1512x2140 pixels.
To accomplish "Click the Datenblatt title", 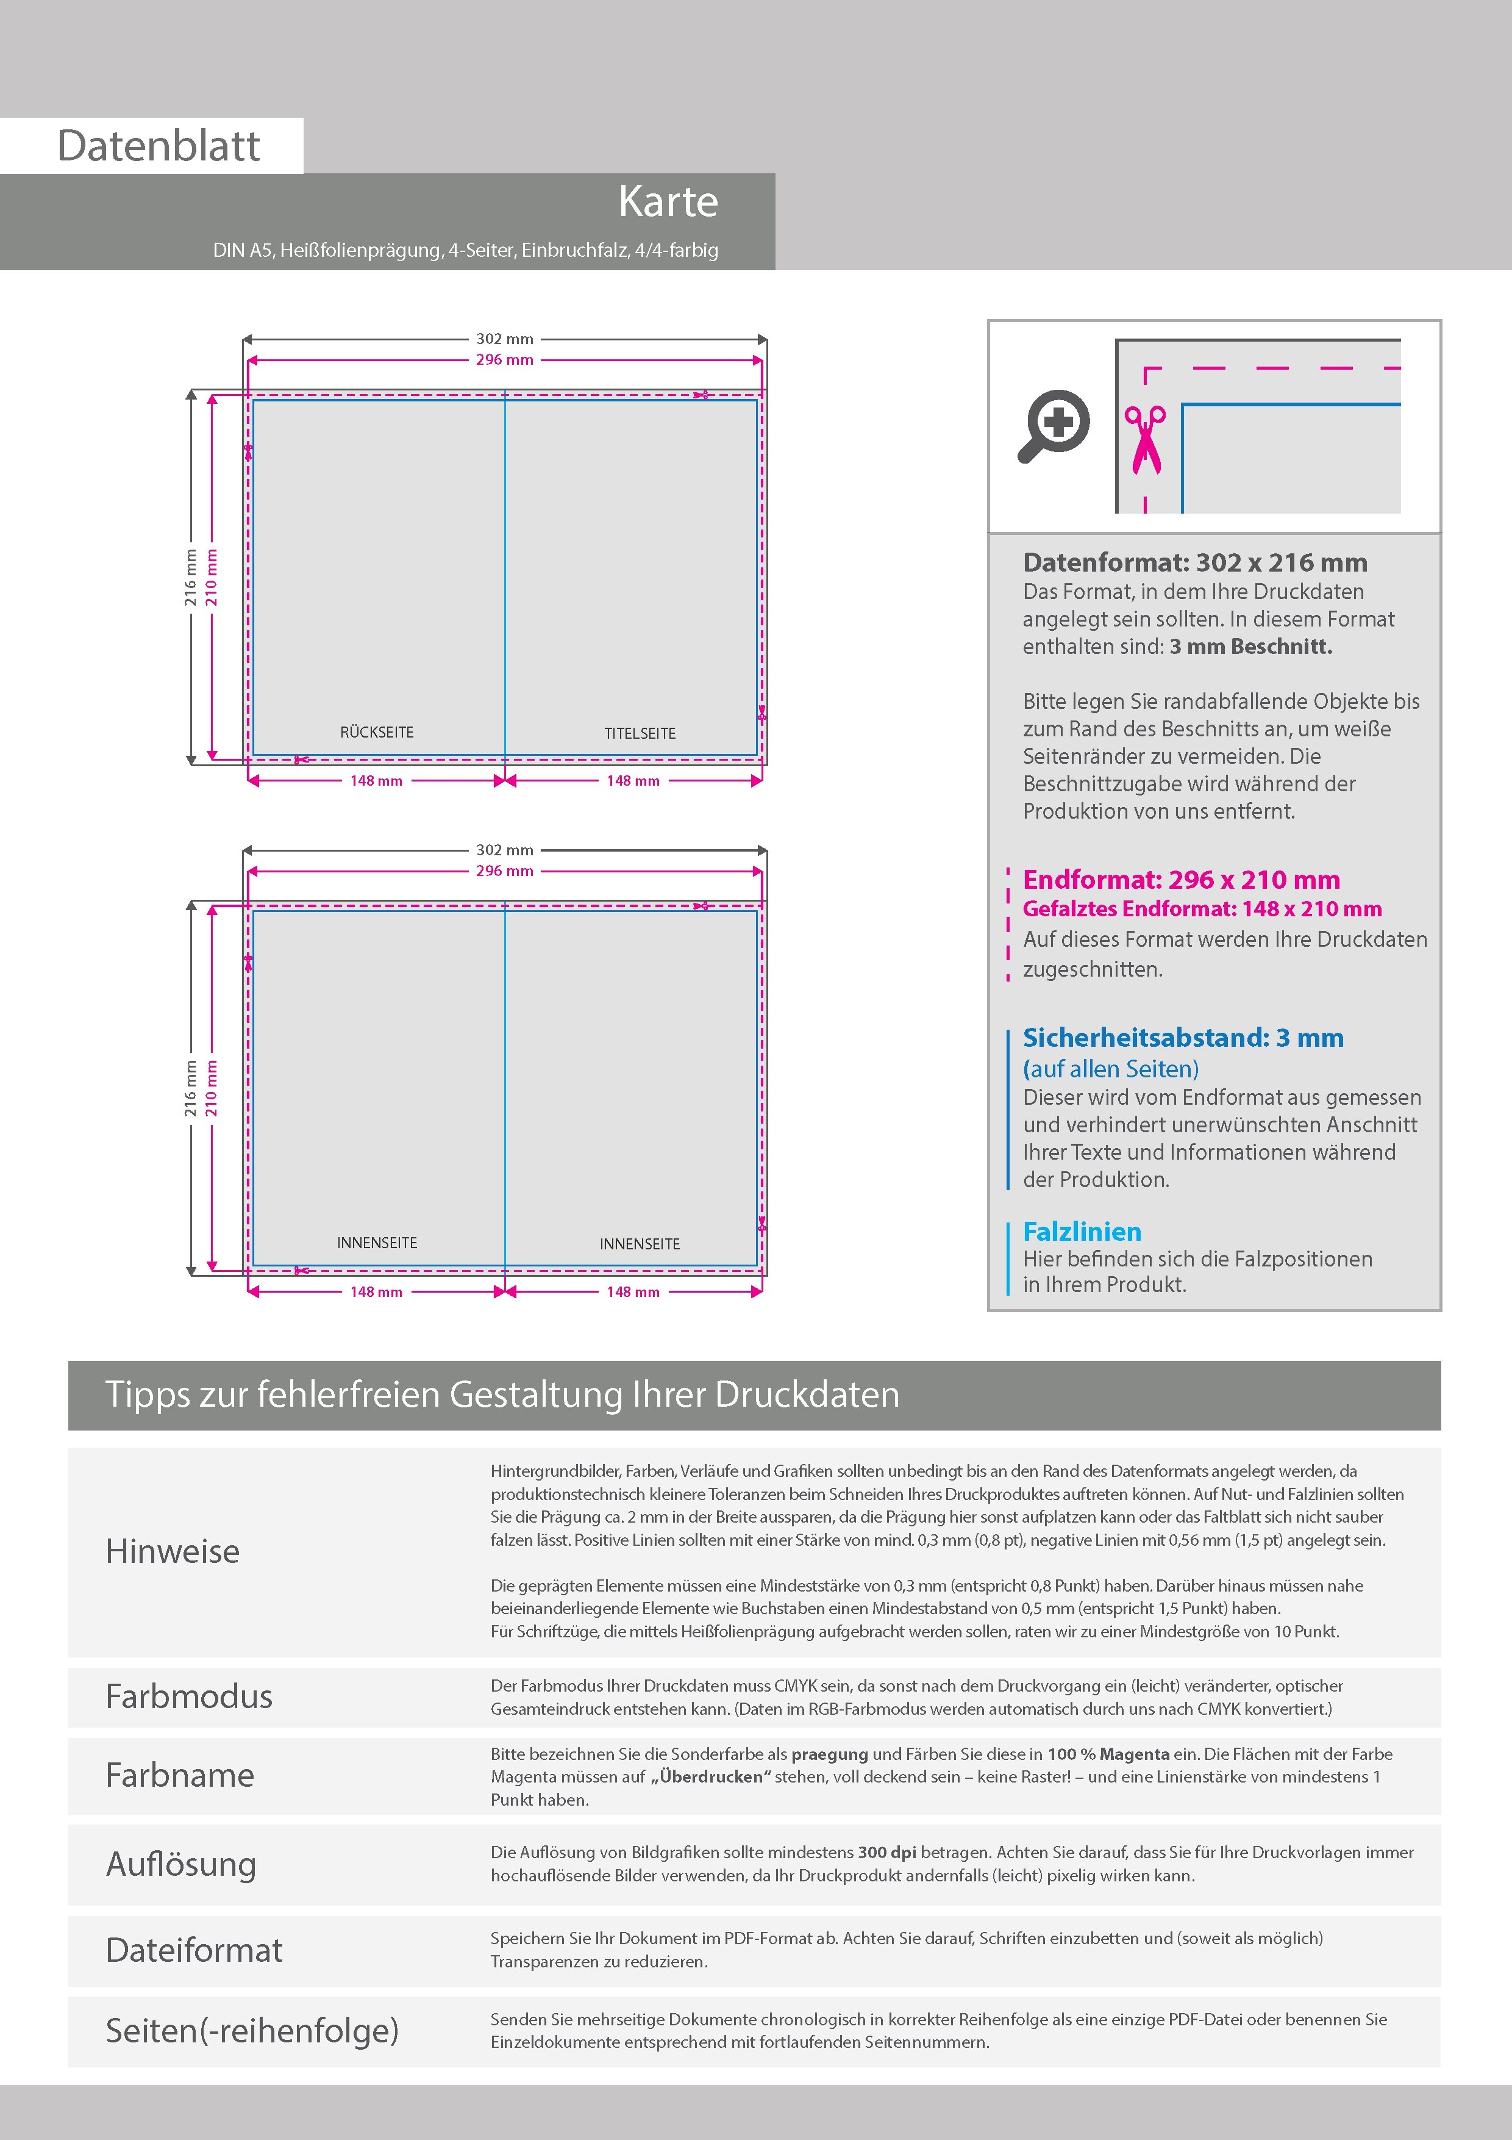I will coord(159,145).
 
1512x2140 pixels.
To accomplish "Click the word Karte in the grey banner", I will coord(668,201).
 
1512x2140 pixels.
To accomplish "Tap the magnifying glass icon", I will coord(1054,426).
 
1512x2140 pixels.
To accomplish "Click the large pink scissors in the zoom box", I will coord(1145,439).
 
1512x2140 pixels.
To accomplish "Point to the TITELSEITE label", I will coord(640,733).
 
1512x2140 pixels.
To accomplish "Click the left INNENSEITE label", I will coord(376,1243).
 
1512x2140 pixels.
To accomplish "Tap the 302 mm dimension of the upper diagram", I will coord(504,339).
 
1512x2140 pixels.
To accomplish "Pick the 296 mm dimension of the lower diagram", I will coord(504,871).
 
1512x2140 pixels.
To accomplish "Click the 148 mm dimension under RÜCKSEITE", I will coord(376,781).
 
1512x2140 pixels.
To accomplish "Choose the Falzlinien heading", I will coord(1082,1231).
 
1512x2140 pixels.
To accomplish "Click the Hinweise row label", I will coord(173,1551).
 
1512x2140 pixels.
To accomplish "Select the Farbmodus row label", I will coord(189,1697).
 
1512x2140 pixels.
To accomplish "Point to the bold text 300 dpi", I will coord(886,1852).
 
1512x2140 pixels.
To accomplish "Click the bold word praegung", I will coord(829,1753).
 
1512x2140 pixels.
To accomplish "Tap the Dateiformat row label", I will coord(194,1950).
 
